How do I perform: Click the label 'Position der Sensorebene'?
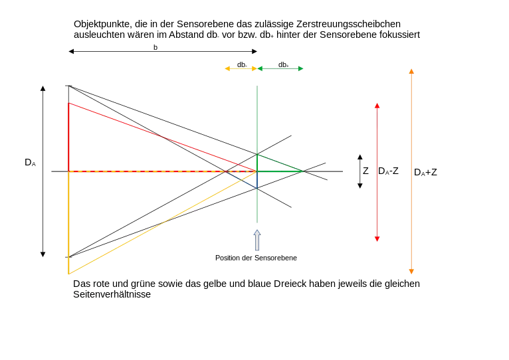pyautogui.click(x=256, y=258)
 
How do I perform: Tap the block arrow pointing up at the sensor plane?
pyautogui.click(x=257, y=240)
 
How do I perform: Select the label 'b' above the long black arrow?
pyautogui.click(x=155, y=47)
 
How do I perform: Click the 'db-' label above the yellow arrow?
pyautogui.click(x=242, y=64)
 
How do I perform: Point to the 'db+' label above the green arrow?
pyautogui.click(x=283, y=64)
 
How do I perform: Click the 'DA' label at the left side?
pyautogui.click(x=30, y=162)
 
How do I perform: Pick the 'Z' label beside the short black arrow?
pyautogui.click(x=366, y=171)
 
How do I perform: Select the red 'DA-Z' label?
pyautogui.click(x=388, y=171)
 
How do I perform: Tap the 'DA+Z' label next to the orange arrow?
pyautogui.click(x=425, y=172)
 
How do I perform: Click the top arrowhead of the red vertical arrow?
pyautogui.click(x=377, y=106)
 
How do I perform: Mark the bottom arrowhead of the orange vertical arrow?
pyautogui.click(x=411, y=272)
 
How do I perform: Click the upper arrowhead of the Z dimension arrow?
pyautogui.click(x=359, y=157)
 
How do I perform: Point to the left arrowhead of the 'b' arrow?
pyautogui.click(x=71, y=51)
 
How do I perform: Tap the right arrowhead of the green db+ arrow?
pyautogui.click(x=300, y=68)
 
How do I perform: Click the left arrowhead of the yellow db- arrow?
pyautogui.click(x=227, y=68)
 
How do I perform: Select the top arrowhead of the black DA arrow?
pyautogui.click(x=43, y=88)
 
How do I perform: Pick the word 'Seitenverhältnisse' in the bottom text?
pyautogui.click(x=112, y=294)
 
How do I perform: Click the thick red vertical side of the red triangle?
pyautogui.click(x=68, y=137)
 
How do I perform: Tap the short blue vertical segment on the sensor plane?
pyautogui.click(x=257, y=179)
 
